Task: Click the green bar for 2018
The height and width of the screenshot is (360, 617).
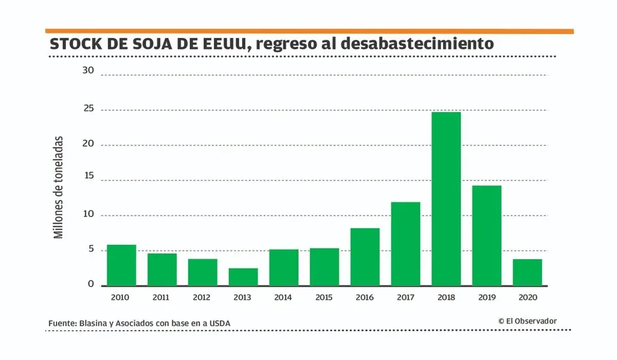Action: point(446,199)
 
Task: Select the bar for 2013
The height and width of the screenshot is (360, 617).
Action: point(243,277)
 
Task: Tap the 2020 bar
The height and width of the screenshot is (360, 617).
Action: point(527,273)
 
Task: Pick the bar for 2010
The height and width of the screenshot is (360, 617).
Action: point(121,265)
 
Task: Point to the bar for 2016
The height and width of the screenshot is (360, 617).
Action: point(365,257)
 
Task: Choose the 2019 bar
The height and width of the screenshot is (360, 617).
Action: point(486,235)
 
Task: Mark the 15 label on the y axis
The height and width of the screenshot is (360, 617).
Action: point(89,175)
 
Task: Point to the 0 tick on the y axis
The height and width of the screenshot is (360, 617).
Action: point(91,283)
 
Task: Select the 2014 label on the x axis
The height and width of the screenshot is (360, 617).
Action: point(283,297)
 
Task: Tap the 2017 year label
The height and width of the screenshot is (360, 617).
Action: point(405,297)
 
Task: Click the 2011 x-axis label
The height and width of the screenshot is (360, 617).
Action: point(161,297)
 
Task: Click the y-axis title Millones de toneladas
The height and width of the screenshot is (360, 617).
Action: point(58,187)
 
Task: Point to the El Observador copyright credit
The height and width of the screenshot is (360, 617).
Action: point(527,321)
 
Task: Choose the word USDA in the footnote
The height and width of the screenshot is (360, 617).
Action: point(219,324)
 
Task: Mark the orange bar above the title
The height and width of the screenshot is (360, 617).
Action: point(309,31)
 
